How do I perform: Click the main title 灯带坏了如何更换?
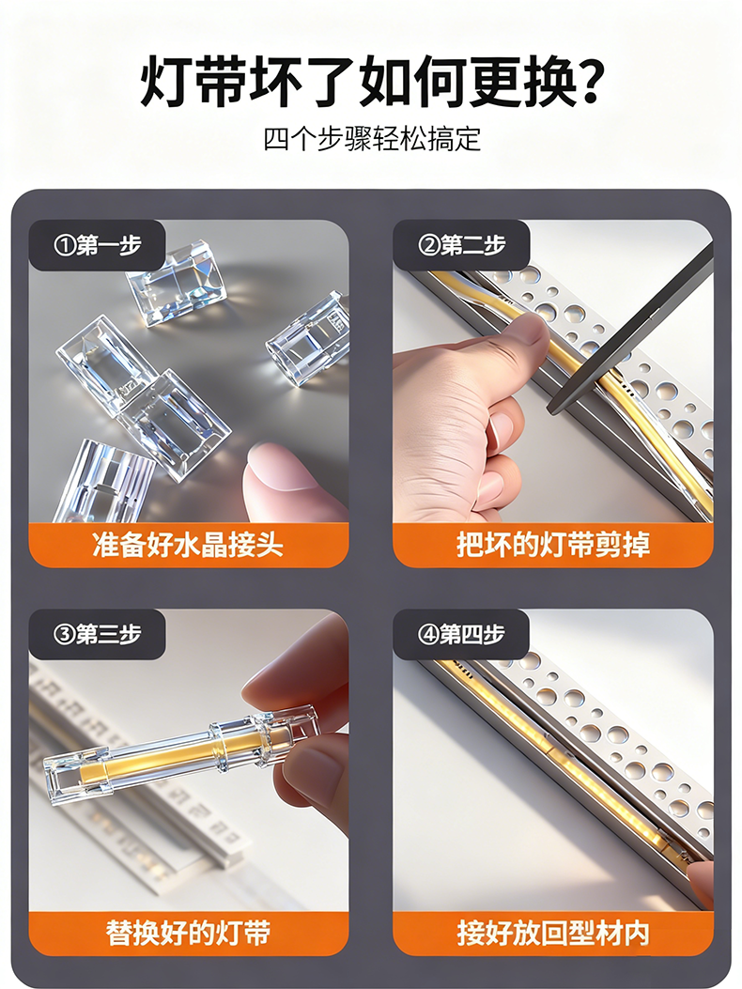(x=371, y=80)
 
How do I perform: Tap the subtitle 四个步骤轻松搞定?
(x=372, y=139)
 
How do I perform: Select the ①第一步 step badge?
(x=97, y=245)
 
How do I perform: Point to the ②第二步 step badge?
(x=461, y=245)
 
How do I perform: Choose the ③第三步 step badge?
(x=97, y=635)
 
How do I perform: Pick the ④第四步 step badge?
(x=461, y=635)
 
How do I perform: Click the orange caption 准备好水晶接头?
(x=189, y=545)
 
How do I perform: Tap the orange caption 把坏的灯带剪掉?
(x=552, y=545)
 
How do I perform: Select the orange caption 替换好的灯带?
(x=189, y=933)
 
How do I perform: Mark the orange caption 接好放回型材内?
(x=552, y=933)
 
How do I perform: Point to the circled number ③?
(x=65, y=635)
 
